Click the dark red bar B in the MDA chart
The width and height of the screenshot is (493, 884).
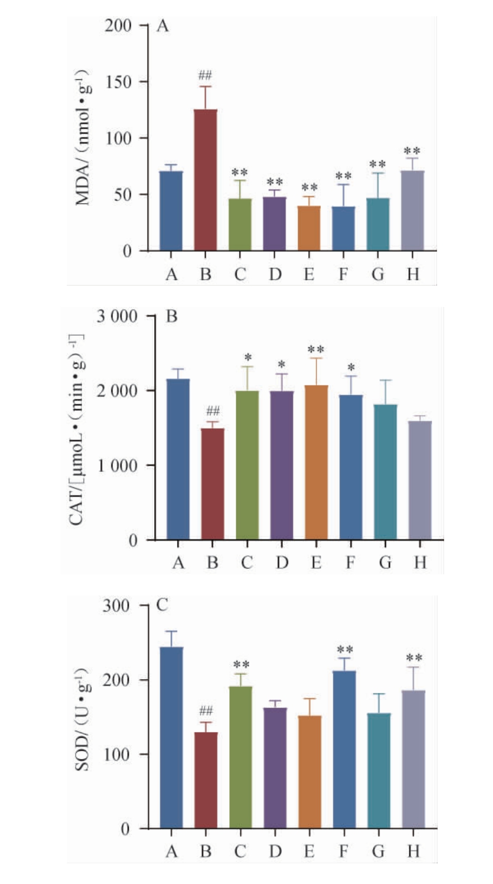205,180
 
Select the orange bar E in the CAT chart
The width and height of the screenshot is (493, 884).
316,462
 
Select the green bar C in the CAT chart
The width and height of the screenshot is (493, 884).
247,465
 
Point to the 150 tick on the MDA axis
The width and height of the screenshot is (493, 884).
118,82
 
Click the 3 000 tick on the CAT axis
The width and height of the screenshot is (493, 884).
117,316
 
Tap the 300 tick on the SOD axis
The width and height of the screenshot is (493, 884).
116,605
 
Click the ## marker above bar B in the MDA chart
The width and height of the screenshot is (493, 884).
205,75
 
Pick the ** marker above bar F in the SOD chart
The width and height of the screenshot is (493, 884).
345,650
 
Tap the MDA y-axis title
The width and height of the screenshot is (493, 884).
83,138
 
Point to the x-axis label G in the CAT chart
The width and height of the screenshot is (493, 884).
385,562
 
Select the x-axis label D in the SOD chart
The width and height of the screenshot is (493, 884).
275,851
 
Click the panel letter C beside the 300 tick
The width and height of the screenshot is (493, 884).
162,605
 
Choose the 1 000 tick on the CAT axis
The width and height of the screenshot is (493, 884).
117,466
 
